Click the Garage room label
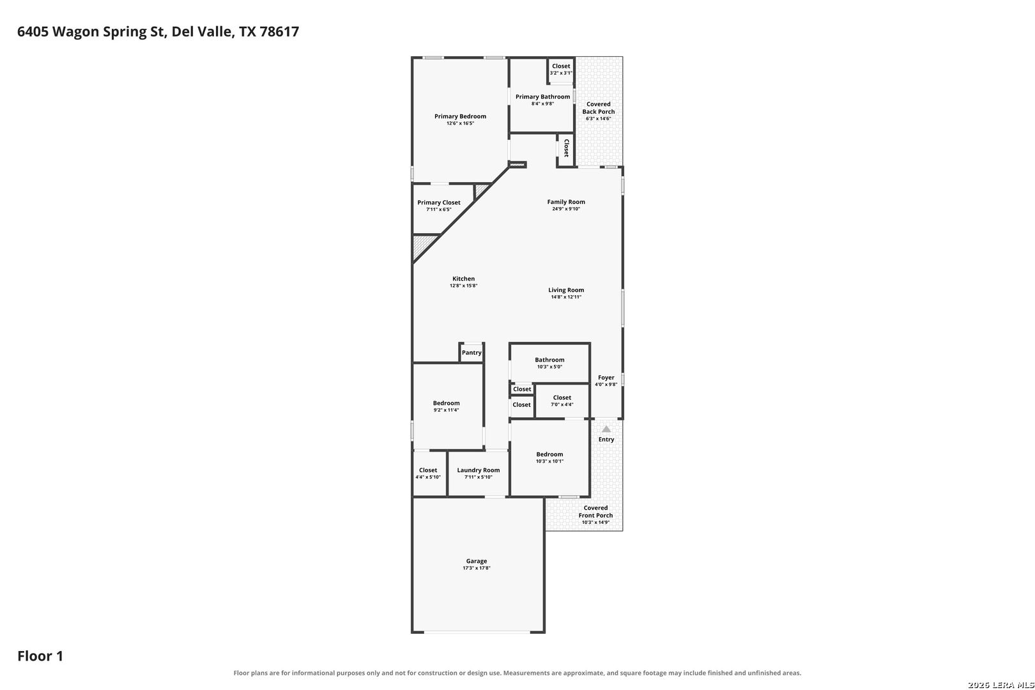(x=477, y=561)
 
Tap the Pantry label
(x=471, y=353)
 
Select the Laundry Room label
(x=479, y=470)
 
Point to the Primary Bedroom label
(x=460, y=116)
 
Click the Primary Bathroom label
(x=542, y=96)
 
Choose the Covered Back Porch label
(x=599, y=108)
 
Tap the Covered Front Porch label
(x=595, y=512)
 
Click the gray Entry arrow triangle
(x=606, y=429)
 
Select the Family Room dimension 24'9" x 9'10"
(x=566, y=209)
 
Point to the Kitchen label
(x=463, y=279)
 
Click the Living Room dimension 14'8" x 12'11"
(x=566, y=297)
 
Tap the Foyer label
(x=606, y=378)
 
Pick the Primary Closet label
(x=439, y=203)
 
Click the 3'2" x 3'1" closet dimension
(x=561, y=73)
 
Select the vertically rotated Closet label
(x=567, y=148)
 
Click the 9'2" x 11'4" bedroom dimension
(x=447, y=410)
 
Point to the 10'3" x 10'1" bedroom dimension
(x=550, y=461)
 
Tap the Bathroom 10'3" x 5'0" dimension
(x=550, y=367)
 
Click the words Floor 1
(x=40, y=656)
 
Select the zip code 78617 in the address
(x=279, y=31)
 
